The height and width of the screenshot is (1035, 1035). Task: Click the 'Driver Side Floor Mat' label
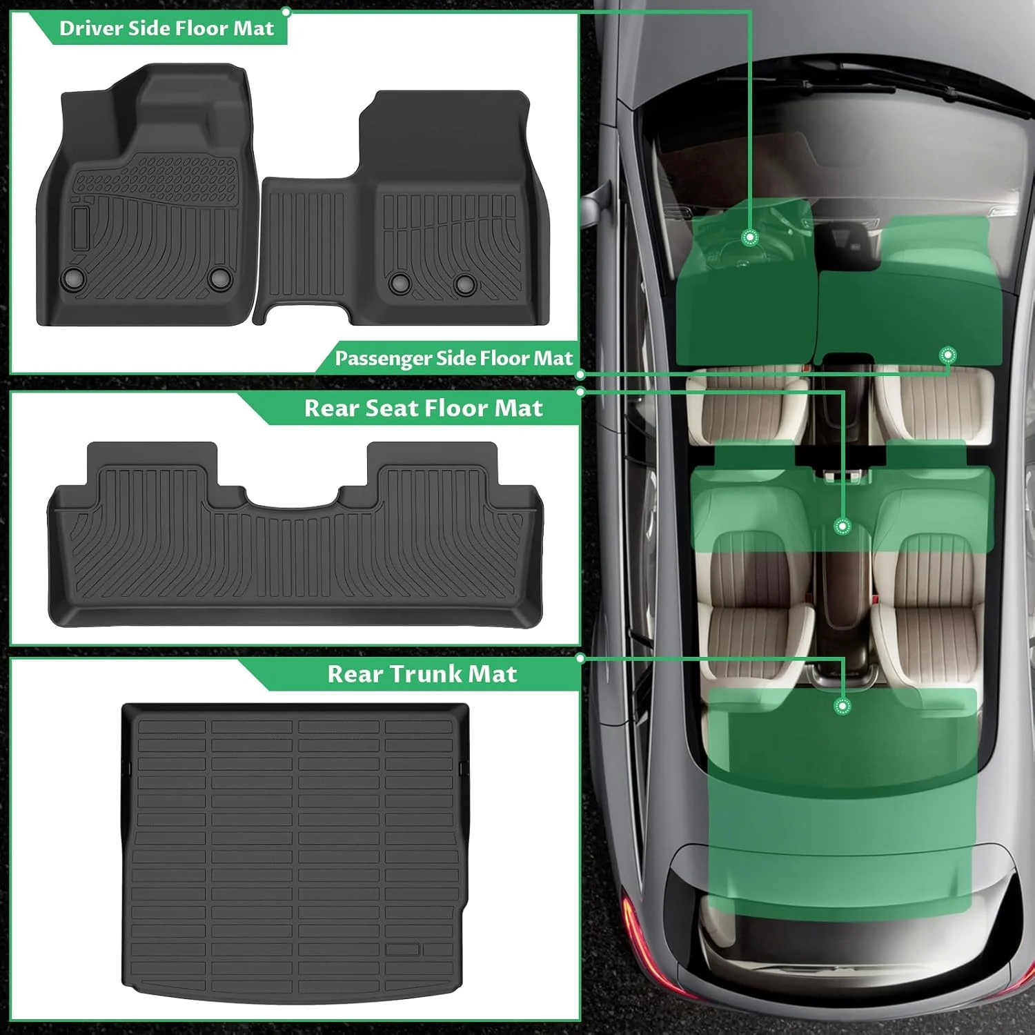(166, 28)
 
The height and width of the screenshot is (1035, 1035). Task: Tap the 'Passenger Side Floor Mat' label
(453, 358)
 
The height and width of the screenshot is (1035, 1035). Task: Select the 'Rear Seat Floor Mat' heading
(423, 408)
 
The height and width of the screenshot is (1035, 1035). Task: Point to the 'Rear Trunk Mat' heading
(422, 673)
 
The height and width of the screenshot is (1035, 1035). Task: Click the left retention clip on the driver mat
(73, 278)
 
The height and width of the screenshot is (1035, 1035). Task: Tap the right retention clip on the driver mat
(219, 277)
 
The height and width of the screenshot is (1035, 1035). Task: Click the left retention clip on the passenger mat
(400, 282)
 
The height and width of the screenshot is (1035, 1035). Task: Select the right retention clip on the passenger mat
(464, 282)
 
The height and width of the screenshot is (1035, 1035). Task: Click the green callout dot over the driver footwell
(750, 237)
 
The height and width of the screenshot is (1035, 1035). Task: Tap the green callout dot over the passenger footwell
(948, 355)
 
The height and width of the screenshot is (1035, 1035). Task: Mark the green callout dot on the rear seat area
(842, 526)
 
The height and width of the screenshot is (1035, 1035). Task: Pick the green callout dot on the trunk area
(842, 706)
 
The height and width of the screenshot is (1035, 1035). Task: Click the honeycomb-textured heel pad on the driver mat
(155, 177)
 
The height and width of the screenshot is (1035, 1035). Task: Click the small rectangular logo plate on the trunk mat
(402, 949)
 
